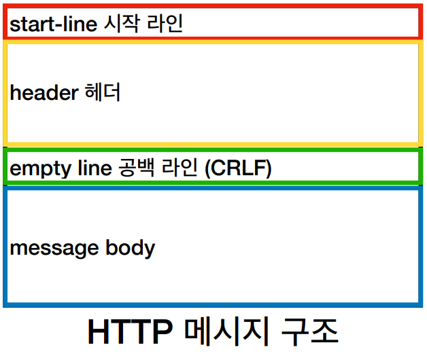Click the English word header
coord(44,92)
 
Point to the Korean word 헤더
coord(103,92)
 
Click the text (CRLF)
coord(237,167)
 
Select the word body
coord(130,248)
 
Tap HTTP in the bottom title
coord(129,331)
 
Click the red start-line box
coord(306,23)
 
